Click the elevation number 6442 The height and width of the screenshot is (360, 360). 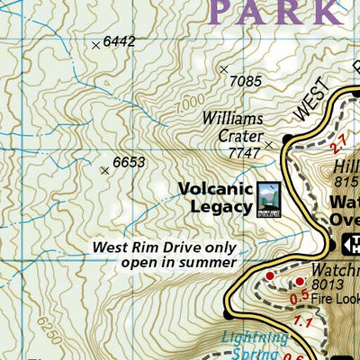pos(119,41)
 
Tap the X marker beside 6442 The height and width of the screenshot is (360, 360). pos(96,44)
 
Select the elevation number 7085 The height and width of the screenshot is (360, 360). pos(246,81)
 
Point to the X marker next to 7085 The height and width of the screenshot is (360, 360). pos(224,69)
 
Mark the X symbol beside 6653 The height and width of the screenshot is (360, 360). pos(105,170)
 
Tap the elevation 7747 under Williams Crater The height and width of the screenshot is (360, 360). pos(244,153)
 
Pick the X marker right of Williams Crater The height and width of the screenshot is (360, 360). pos(268,143)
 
